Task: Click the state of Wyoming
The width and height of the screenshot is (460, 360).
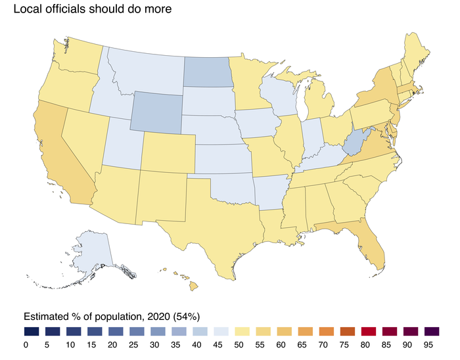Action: (x=156, y=111)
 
